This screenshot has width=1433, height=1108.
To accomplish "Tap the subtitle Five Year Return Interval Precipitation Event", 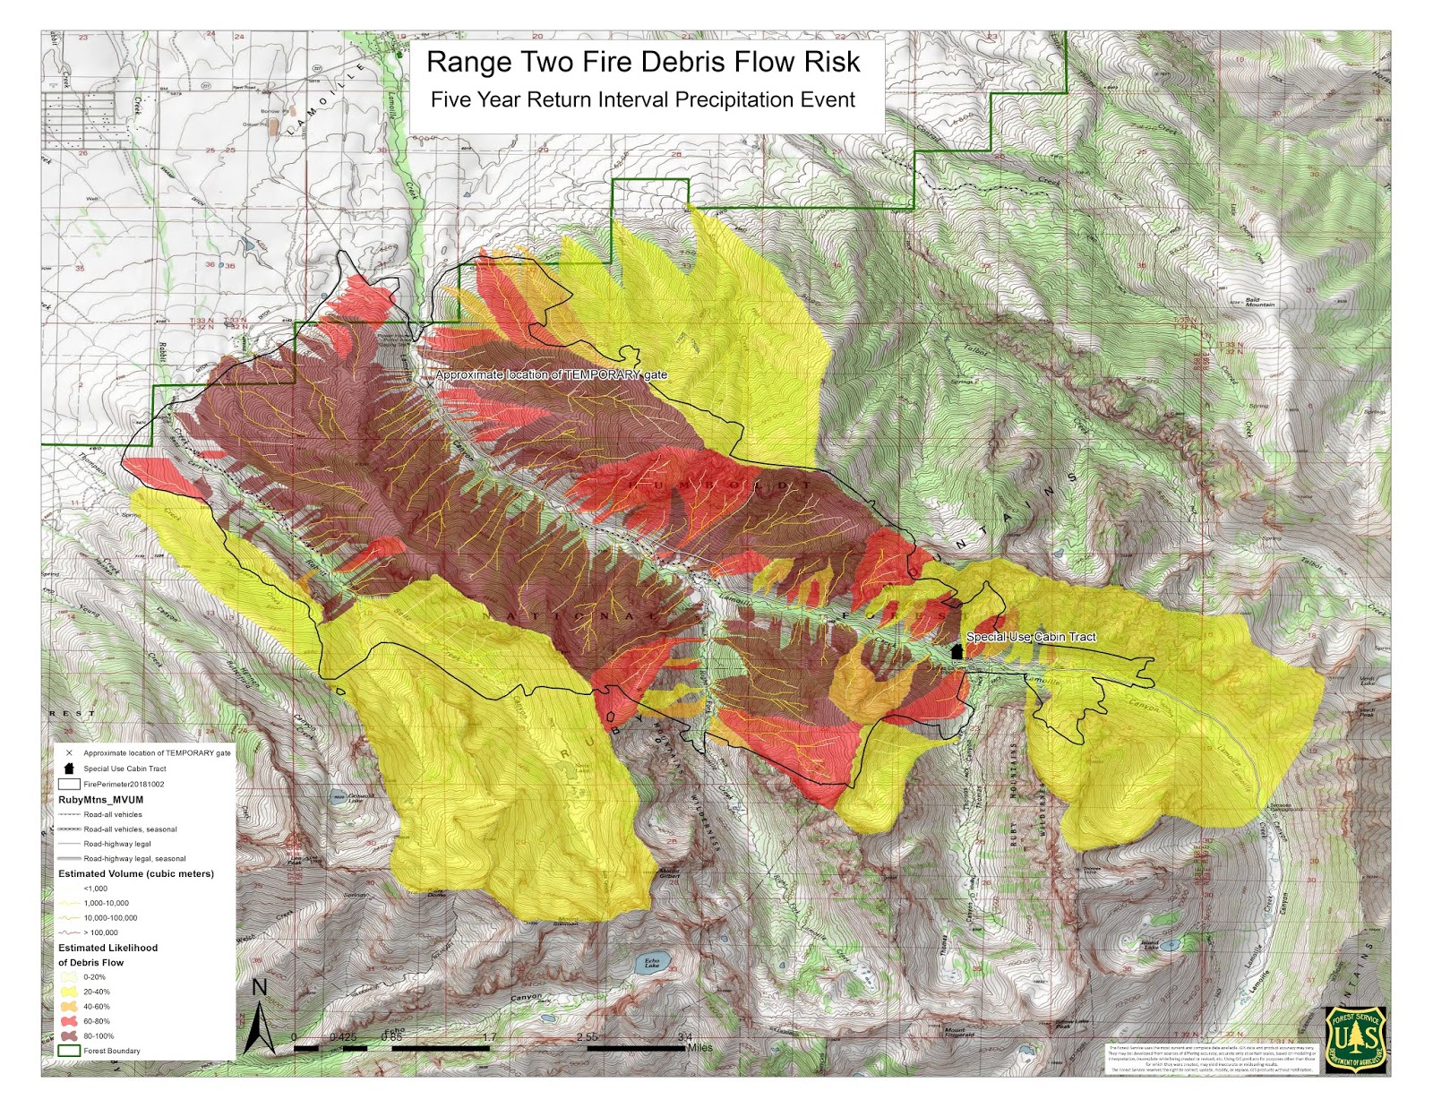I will (x=642, y=99).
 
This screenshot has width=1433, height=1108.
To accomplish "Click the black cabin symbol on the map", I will (x=957, y=650).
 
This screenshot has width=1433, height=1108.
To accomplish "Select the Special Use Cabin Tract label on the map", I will (x=1031, y=637).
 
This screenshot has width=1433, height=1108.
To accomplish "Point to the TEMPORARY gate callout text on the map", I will (x=551, y=374).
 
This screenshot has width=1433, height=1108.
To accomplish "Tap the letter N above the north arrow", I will (x=260, y=987).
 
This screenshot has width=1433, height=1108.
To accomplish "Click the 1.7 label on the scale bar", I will (x=489, y=1037).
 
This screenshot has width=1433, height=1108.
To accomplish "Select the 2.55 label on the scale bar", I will (x=588, y=1037).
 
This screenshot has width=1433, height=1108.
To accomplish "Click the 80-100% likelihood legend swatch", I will (x=68, y=1035).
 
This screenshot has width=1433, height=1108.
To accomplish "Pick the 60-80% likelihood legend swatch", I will (x=68, y=1021).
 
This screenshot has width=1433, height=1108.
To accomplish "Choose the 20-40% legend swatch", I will (x=68, y=992).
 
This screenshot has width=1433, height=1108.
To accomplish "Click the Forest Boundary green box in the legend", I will (x=68, y=1051).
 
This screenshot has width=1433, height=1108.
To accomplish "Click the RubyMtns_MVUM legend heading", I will (x=100, y=799).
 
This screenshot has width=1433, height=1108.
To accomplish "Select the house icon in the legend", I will (x=69, y=769).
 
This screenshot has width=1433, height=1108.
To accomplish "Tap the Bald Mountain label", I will (x=1259, y=302).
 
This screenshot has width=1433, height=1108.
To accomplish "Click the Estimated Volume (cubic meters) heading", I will (x=136, y=873).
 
